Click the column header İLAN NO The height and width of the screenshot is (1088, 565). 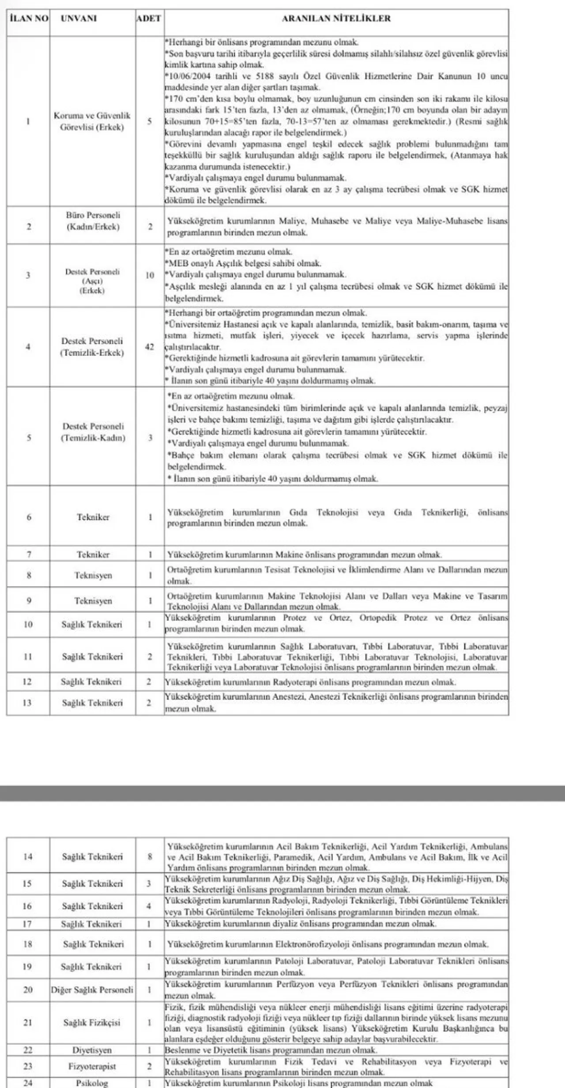pos(28,19)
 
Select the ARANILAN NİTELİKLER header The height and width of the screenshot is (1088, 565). pos(336,19)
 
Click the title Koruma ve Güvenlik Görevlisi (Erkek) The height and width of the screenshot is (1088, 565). pos(92,121)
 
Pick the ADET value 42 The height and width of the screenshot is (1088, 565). pos(150,347)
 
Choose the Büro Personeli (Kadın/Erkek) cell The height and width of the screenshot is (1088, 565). pos(93,221)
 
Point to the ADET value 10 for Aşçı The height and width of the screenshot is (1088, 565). pos(150,275)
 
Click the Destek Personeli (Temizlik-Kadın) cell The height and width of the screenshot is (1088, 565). pos(93,432)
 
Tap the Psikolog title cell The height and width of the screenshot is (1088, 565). pos(92,1083)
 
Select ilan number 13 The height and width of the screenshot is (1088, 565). pos(27,703)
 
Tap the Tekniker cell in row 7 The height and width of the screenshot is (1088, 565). pos(93,554)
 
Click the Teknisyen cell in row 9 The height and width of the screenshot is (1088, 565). pos(93,601)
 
